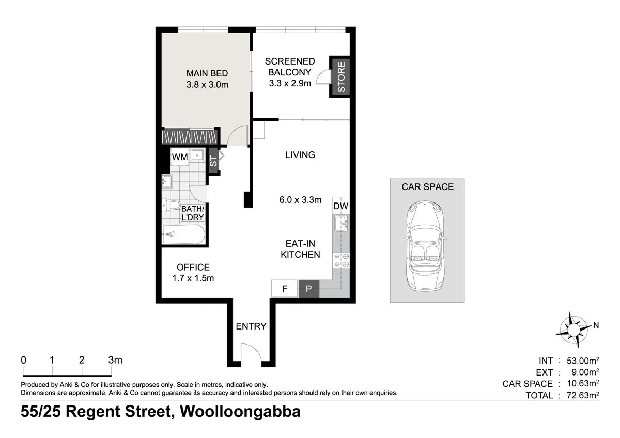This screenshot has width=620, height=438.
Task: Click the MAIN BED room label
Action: pos(207,73)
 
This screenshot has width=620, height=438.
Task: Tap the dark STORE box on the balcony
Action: pos(340,76)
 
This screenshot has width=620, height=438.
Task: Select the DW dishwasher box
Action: pos(340,206)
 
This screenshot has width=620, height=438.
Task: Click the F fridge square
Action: pos(284,289)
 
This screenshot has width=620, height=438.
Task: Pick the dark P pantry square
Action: pos(309,289)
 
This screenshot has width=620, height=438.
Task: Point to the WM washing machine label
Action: pos(179,157)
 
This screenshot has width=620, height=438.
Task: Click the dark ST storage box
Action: pos(213,161)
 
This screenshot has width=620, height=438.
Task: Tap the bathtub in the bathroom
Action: pos(183,234)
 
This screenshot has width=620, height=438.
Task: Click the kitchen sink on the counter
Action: pos(341,224)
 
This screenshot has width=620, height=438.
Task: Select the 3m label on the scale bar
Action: pos(115,360)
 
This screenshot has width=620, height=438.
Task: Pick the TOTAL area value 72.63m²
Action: pos(579,395)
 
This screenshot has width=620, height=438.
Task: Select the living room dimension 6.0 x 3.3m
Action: pos(300,199)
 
